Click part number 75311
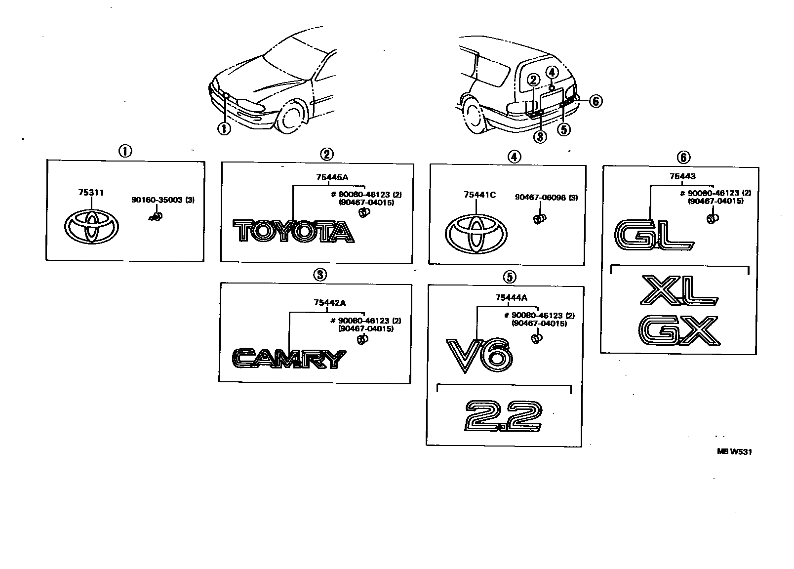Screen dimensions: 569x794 pos(91,193)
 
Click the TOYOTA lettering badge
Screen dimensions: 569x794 pos(293,232)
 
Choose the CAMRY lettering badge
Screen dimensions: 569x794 pos(289,359)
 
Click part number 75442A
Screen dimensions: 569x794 pos(326,302)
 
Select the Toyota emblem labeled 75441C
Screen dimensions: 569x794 pos(476,235)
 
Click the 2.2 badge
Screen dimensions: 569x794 pos(503,416)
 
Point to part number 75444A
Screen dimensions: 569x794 pos(511,297)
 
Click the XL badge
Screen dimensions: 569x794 pos(677,290)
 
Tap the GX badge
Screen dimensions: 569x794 pos(678,330)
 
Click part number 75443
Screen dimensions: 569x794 pos(682,176)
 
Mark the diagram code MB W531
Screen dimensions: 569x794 pos(735,451)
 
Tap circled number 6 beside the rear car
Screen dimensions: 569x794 pos(596,101)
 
